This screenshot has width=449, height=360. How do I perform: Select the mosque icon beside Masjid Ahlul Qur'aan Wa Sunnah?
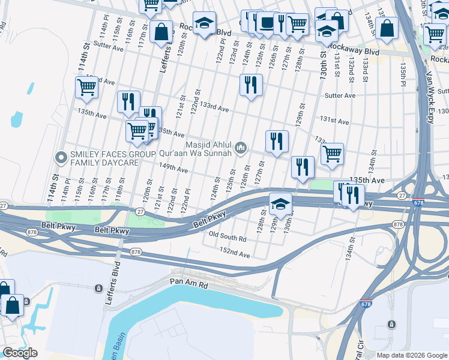pos(241,147)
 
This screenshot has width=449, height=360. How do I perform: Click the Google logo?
pos(20,353)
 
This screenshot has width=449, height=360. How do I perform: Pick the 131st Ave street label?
pos(334,121)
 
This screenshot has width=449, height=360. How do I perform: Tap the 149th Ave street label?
pos(173,170)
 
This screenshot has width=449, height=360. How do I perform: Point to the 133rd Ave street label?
pos(214,109)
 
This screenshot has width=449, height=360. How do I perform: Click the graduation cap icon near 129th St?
pos(280,203)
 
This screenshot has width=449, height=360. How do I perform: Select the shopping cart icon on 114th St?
pos(86,87)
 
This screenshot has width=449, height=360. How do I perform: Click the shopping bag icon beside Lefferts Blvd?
pos(161,32)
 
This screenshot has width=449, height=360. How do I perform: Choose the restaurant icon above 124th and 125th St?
pos(250,84)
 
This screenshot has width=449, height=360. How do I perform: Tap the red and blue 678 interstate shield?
pos(418,202)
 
